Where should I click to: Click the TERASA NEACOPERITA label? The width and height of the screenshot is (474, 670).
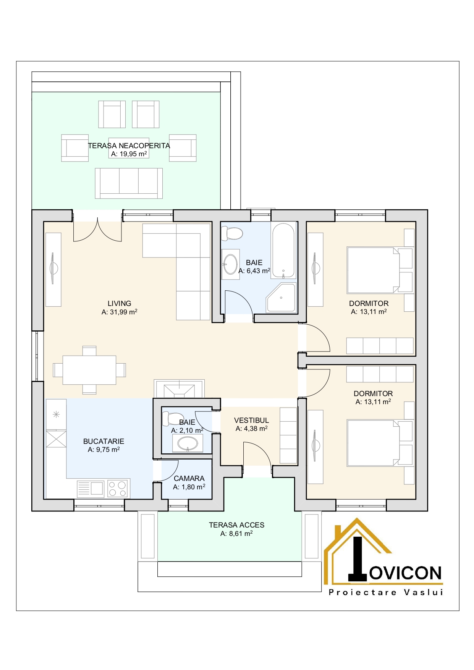coord(129,146)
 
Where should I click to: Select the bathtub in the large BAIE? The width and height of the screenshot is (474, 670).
coord(283,251)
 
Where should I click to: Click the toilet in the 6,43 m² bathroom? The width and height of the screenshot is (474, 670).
coord(232,233)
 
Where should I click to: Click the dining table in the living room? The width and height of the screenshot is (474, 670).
coord(89,370)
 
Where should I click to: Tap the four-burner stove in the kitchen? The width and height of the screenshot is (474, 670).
coord(118,489)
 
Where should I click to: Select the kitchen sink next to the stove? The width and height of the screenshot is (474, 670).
coord(91,489)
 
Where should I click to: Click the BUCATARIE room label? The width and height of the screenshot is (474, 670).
coord(104,441)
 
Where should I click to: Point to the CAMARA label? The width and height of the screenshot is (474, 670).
coord(189,478)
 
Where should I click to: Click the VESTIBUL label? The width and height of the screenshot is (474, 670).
coord(251,420)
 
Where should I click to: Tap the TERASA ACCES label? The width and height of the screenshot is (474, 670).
coord(236,525)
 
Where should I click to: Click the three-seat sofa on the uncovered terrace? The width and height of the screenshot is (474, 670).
coord(129,183)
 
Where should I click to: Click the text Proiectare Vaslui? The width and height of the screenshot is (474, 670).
coord(386,592)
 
